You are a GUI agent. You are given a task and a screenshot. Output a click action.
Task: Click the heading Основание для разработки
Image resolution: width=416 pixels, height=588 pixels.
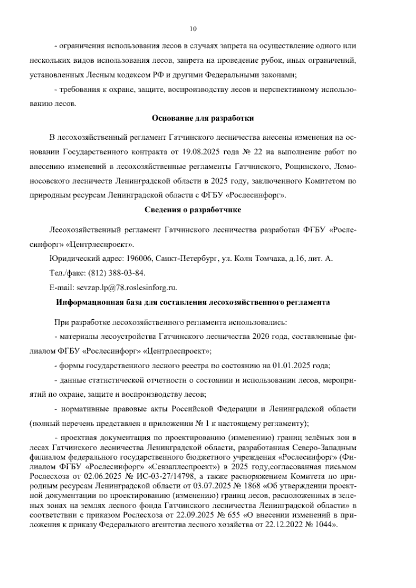pyautogui.click(x=203, y=119)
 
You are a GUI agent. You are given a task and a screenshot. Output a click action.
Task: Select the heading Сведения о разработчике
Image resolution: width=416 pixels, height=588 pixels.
pyautogui.click(x=193, y=210)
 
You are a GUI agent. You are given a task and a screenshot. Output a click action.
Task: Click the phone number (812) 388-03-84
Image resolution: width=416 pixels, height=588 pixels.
pyautogui.click(x=117, y=273)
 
